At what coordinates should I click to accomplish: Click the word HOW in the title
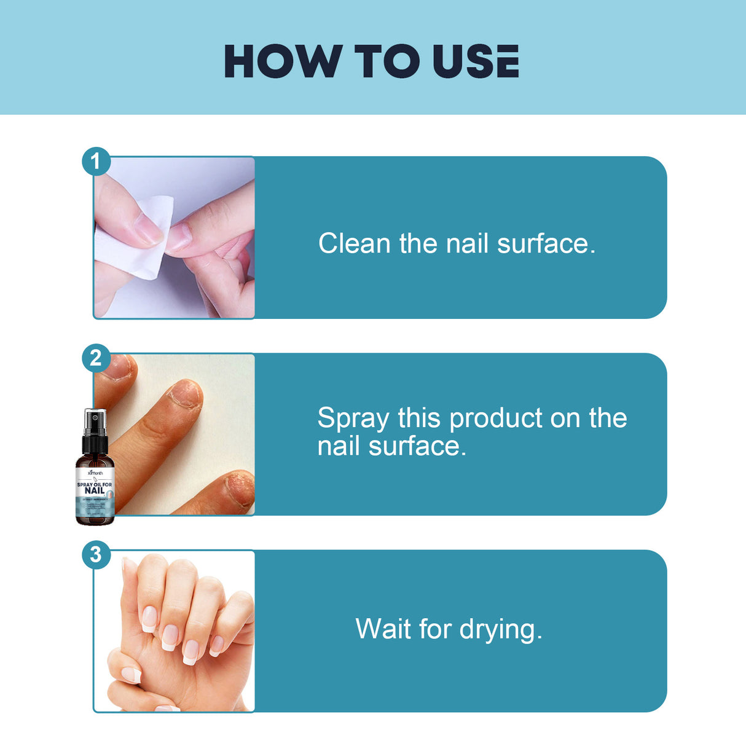coord(283,61)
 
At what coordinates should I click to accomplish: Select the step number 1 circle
coord(96,162)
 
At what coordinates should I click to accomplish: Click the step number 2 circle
coord(96,358)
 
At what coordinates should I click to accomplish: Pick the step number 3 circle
coord(96,554)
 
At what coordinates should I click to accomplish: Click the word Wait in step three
coord(382,629)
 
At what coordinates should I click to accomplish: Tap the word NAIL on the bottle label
coord(95,491)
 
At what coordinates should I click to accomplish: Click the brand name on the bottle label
coord(95,473)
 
